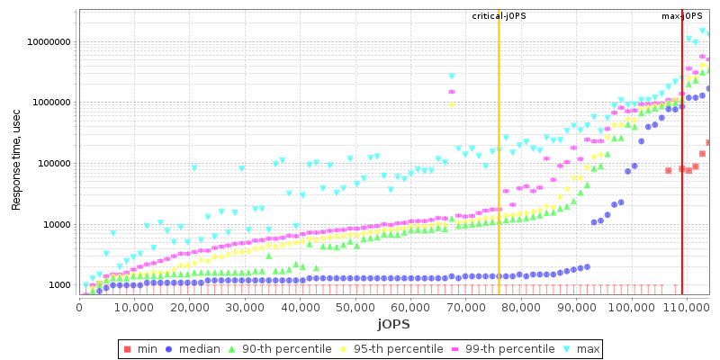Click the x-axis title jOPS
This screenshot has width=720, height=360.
click(393, 324)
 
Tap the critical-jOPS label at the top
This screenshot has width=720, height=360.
click(499, 16)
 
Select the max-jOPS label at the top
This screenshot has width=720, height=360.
click(681, 16)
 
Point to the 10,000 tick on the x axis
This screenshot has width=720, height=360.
click(134, 307)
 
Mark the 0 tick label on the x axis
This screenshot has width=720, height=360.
click(79, 307)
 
